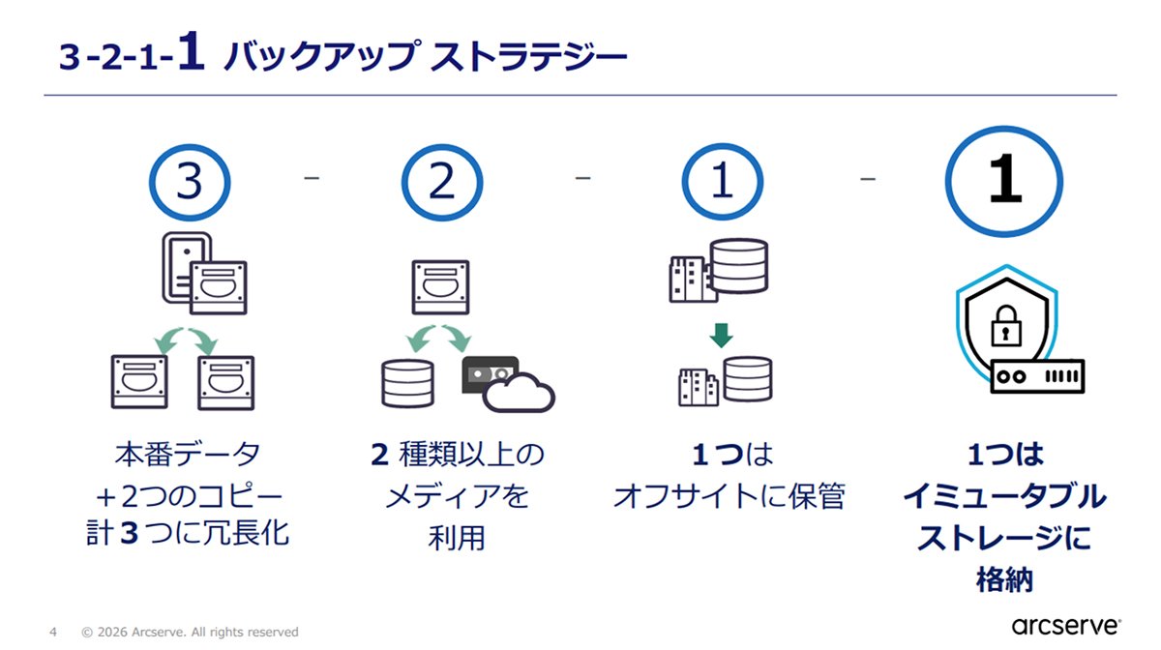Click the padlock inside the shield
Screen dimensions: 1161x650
[1006, 326]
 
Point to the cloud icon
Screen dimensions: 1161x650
[519, 393]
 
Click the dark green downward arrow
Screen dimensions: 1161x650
[721, 336]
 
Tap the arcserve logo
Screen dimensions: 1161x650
[1066, 626]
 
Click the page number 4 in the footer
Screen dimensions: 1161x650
[53, 632]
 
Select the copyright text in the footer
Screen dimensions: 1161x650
[190, 632]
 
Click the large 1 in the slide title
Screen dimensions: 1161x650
[192, 50]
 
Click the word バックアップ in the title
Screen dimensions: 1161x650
[322, 56]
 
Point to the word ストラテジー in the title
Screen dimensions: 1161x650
[528, 56]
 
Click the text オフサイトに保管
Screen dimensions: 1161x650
[729, 496]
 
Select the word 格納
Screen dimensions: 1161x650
[1004, 579]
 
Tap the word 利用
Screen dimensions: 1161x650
[457, 538]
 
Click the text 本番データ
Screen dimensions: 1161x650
[188, 455]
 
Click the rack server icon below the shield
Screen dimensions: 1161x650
[1037, 376]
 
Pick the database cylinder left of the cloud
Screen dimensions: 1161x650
[407, 383]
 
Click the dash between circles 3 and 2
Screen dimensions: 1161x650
[312, 178]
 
